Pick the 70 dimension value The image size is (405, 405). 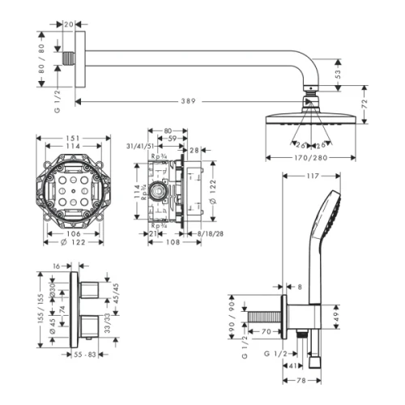point(265,331)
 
